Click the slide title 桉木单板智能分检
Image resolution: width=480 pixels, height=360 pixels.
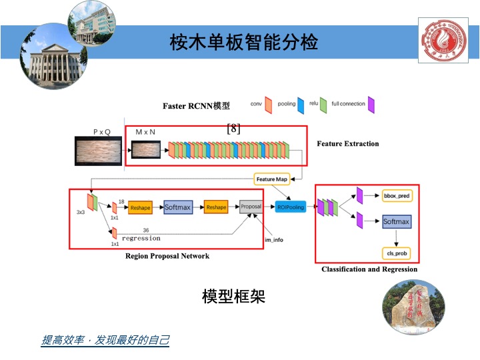[244, 43]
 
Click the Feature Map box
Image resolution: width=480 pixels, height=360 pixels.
[271, 179]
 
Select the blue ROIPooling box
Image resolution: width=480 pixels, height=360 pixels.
[291, 207]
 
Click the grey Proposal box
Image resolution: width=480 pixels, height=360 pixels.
[251, 207]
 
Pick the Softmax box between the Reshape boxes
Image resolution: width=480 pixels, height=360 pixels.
[177, 207]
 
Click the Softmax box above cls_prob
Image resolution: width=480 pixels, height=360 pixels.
[396, 221]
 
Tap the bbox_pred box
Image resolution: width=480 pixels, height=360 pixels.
[396, 196]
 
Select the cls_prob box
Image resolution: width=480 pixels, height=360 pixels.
[396, 253]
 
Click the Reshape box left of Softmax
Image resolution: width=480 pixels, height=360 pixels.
[141, 207]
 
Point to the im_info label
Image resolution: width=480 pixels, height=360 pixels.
[274, 239]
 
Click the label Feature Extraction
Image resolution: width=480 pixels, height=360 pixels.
[347, 143]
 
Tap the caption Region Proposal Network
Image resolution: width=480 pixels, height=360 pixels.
[167, 256]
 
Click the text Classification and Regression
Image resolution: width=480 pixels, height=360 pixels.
[369, 269]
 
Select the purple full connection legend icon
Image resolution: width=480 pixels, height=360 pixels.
[371, 105]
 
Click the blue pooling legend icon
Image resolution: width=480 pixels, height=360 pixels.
[301, 105]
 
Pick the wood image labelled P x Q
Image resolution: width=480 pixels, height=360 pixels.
[98, 151]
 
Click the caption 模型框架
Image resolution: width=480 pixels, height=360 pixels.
[233, 297]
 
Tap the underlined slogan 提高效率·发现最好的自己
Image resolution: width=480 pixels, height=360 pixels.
[105, 340]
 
